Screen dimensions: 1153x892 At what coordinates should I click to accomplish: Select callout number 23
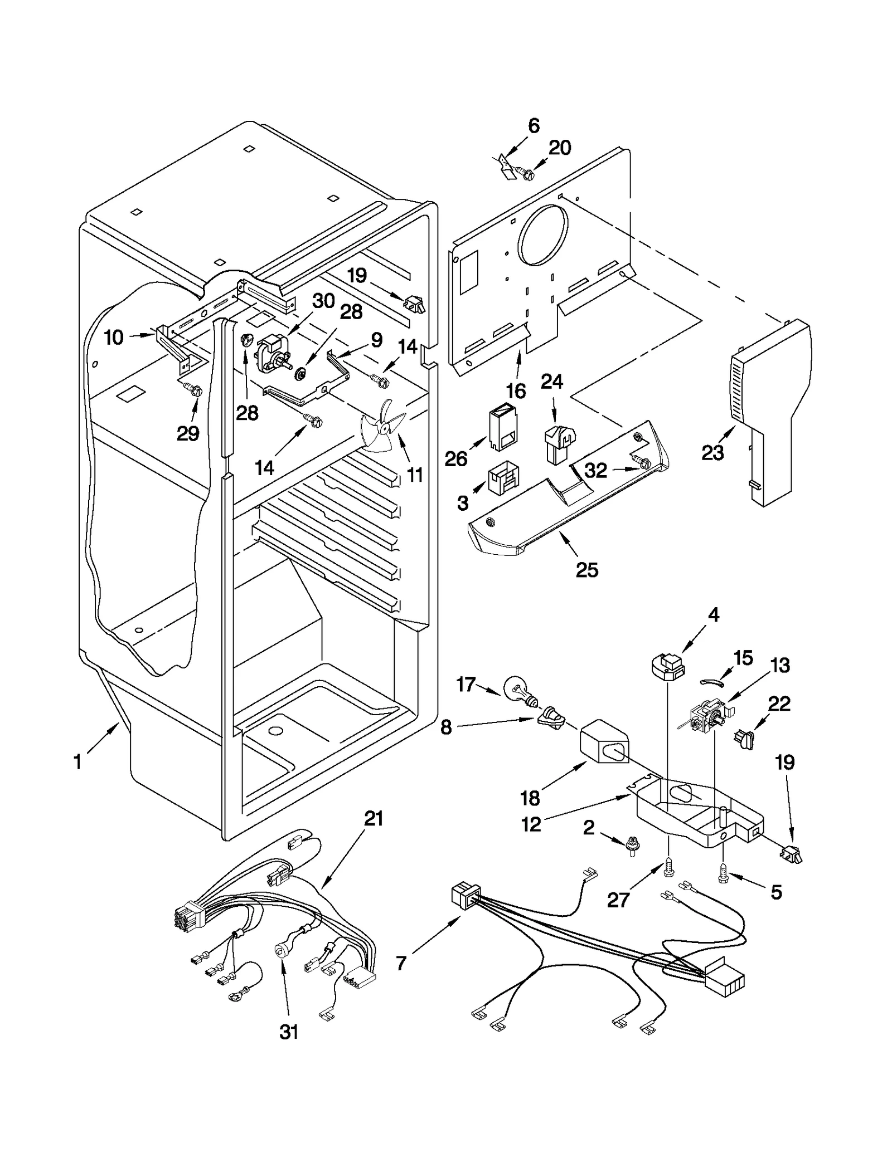(x=712, y=452)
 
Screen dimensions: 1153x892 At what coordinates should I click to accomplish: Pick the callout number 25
(x=586, y=570)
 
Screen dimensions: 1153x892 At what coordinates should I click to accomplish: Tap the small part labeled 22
(x=745, y=739)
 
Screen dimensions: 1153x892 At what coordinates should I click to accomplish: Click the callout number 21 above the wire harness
(x=373, y=819)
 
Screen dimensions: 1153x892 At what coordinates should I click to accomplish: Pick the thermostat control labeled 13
(x=706, y=716)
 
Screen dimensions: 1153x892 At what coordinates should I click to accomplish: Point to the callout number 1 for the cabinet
(x=78, y=761)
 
